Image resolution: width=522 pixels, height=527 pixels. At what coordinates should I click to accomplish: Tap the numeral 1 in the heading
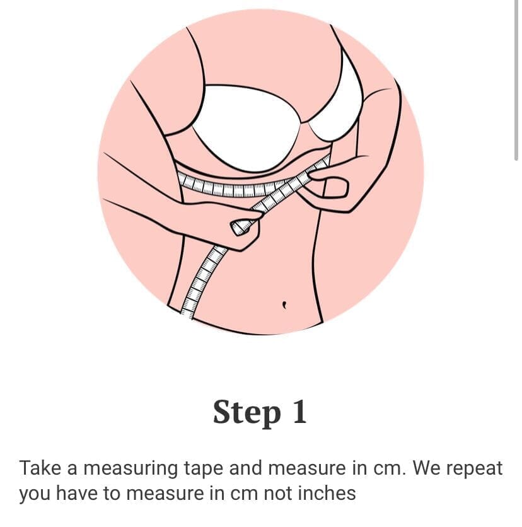(x=299, y=411)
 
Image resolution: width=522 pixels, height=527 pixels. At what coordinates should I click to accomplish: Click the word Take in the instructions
(x=40, y=468)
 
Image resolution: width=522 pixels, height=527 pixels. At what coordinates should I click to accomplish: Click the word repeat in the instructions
(x=474, y=469)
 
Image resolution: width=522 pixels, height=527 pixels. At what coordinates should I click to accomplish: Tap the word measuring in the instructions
(x=130, y=469)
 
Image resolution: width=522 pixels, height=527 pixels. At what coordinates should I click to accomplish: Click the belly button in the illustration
(x=285, y=304)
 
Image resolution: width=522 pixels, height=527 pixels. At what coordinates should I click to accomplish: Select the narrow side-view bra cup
(x=339, y=101)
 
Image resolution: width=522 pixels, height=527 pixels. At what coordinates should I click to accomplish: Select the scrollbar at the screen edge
(x=517, y=81)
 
